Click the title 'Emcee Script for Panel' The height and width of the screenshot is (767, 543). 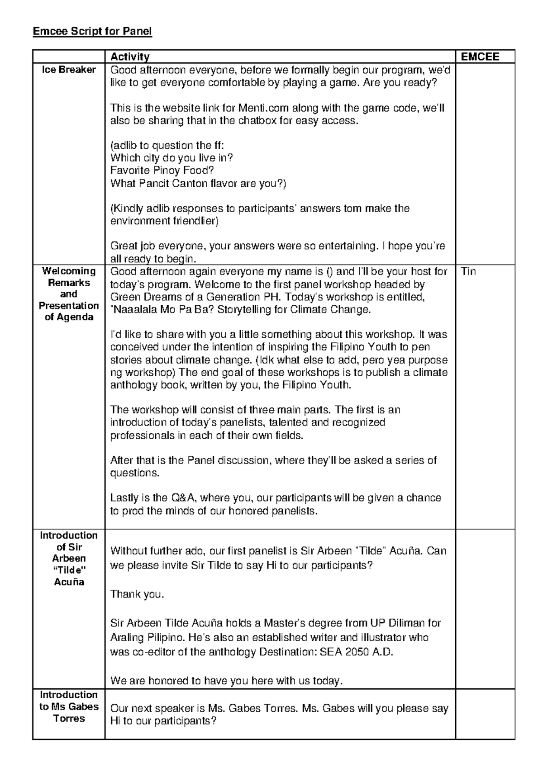coord(92,31)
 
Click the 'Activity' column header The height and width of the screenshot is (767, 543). coord(130,57)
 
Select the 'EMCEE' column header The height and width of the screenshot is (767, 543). coord(480,57)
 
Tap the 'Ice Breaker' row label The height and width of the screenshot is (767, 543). coord(69,70)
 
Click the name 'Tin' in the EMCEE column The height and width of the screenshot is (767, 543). coord(468,271)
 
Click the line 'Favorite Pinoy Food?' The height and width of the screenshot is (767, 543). coord(162,170)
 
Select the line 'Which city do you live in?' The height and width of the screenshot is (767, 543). coord(171,158)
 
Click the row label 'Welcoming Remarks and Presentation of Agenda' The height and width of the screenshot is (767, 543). coord(69,294)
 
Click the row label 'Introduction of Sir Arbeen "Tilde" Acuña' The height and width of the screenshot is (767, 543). coord(69,559)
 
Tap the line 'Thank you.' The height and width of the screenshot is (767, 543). coord(137,594)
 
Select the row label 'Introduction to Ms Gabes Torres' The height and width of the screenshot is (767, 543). coord(69,706)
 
